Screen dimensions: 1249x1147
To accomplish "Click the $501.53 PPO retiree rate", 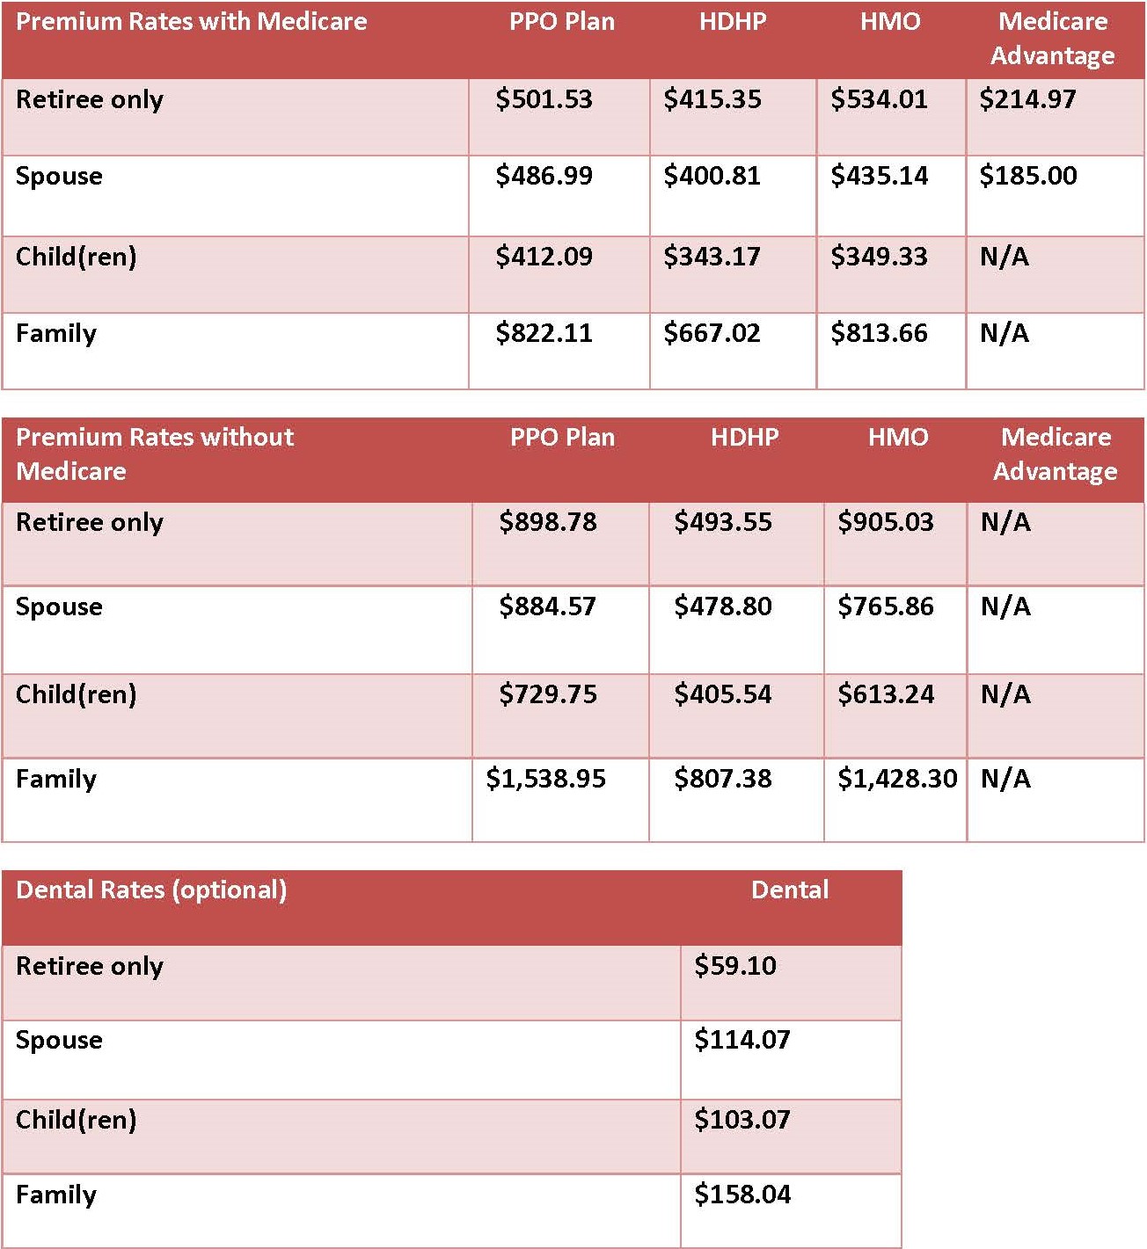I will (x=544, y=99).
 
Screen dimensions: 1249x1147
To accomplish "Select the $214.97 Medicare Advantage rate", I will (x=1027, y=99).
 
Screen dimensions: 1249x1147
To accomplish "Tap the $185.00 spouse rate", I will (x=1027, y=176).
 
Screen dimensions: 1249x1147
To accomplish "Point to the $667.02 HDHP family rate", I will (x=712, y=333).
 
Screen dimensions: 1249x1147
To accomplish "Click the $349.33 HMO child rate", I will (x=879, y=257).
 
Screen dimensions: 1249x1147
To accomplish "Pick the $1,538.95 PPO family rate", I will (x=545, y=779).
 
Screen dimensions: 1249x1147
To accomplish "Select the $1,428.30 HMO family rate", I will (x=896, y=779).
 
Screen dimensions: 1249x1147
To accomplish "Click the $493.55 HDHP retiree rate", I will (x=722, y=522).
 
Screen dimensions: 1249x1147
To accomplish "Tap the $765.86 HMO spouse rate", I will (x=885, y=606).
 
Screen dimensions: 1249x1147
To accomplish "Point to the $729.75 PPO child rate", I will (x=547, y=694).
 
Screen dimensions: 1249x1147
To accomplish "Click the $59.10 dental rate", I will (x=734, y=966).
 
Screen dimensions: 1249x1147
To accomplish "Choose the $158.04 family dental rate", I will (x=742, y=1195).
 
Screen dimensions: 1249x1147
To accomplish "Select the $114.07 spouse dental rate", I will (x=742, y=1040).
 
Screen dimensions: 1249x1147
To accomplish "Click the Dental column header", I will (x=789, y=890).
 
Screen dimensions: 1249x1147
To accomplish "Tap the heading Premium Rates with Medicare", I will (x=191, y=21).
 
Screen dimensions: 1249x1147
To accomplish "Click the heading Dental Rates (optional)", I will (x=151, y=890).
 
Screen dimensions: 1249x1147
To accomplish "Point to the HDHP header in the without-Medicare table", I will (x=744, y=437).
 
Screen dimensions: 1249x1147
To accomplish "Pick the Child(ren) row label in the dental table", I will (x=76, y=1120).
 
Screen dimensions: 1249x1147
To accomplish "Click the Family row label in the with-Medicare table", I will (x=56, y=333).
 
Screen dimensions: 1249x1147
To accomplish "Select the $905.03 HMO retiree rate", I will (x=885, y=522).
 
